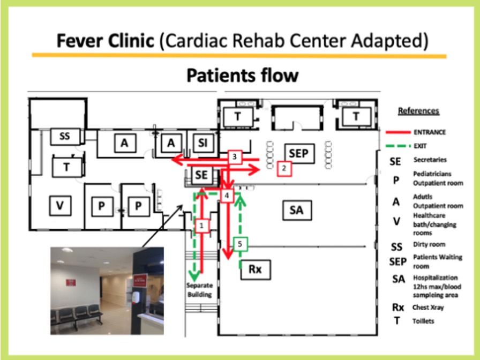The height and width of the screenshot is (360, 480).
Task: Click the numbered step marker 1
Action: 201,226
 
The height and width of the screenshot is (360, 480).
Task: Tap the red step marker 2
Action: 284,168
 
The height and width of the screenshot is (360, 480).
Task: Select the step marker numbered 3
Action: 235,157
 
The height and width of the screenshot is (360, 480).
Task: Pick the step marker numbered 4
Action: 227,196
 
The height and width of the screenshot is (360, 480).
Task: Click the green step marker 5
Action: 240,244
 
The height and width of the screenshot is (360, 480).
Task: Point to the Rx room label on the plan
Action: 256,269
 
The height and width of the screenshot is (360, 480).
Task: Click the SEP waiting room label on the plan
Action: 298,153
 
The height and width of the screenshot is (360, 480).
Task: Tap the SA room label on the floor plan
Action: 297,211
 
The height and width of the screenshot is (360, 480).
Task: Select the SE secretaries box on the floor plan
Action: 201,175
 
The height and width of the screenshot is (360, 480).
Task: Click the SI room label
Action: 202,142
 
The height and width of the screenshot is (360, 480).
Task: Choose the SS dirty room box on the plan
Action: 65,136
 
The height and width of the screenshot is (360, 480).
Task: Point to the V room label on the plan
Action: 60,205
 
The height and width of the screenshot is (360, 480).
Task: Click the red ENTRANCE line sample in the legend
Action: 397,132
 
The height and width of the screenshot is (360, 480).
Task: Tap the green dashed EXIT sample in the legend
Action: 397,146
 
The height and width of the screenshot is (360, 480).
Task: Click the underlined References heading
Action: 418,111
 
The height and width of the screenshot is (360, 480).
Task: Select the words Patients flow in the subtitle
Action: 243,76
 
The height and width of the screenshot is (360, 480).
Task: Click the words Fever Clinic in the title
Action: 106,40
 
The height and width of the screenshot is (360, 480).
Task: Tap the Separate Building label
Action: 199,290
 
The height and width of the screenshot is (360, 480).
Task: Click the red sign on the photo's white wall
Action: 71,282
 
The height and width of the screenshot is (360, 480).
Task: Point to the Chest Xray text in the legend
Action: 428,307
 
